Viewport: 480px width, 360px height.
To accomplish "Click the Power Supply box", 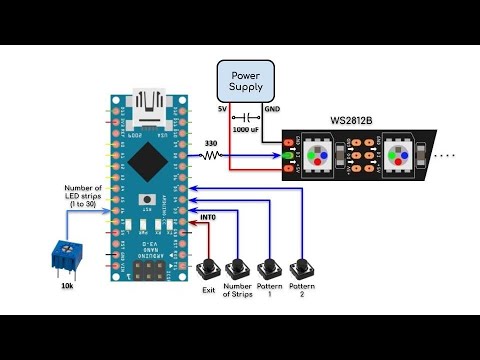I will [x=246, y=81].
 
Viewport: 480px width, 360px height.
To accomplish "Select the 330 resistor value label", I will [x=211, y=144].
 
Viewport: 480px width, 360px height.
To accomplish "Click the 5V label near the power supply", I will [x=222, y=108].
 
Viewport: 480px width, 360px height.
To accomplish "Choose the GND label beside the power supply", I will [x=272, y=108].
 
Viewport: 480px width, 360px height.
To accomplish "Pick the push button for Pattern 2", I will [x=299, y=269].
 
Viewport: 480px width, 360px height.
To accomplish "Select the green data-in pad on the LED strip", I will [x=289, y=156].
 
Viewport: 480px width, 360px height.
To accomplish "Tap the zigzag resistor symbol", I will [x=211, y=156].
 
